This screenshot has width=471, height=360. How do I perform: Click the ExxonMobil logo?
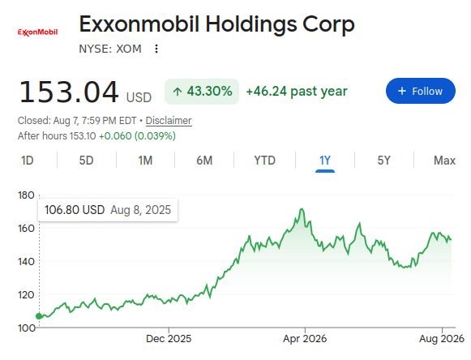coord(38,32)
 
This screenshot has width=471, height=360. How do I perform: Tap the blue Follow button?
coord(420,91)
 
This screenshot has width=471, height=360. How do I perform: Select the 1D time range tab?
coord(27,161)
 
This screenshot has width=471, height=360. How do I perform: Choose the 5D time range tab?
coord(86,161)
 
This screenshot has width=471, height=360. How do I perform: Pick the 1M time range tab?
coord(145,161)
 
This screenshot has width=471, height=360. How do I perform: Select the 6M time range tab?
coord(204,161)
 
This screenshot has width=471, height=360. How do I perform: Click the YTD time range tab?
coord(264,161)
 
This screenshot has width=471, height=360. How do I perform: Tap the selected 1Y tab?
coord(325,161)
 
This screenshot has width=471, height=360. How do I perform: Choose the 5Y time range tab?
coord(384,161)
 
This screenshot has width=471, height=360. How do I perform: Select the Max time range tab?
coord(444,161)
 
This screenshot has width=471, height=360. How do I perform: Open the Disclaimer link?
coord(169,121)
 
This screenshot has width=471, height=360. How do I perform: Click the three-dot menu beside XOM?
coord(156,49)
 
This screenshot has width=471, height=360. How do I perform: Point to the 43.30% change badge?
coord(202,92)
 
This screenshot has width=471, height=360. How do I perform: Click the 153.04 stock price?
coord(69,92)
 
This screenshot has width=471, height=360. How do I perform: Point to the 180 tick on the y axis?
coord(26,195)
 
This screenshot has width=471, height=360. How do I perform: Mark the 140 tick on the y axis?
coord(26,261)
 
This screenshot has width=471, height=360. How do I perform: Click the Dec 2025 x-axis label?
coord(169,339)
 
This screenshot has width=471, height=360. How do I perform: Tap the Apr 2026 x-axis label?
coord(305,339)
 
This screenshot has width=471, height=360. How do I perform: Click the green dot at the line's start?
coord(39,316)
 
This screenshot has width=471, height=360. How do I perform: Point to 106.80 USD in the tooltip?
coord(75,210)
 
